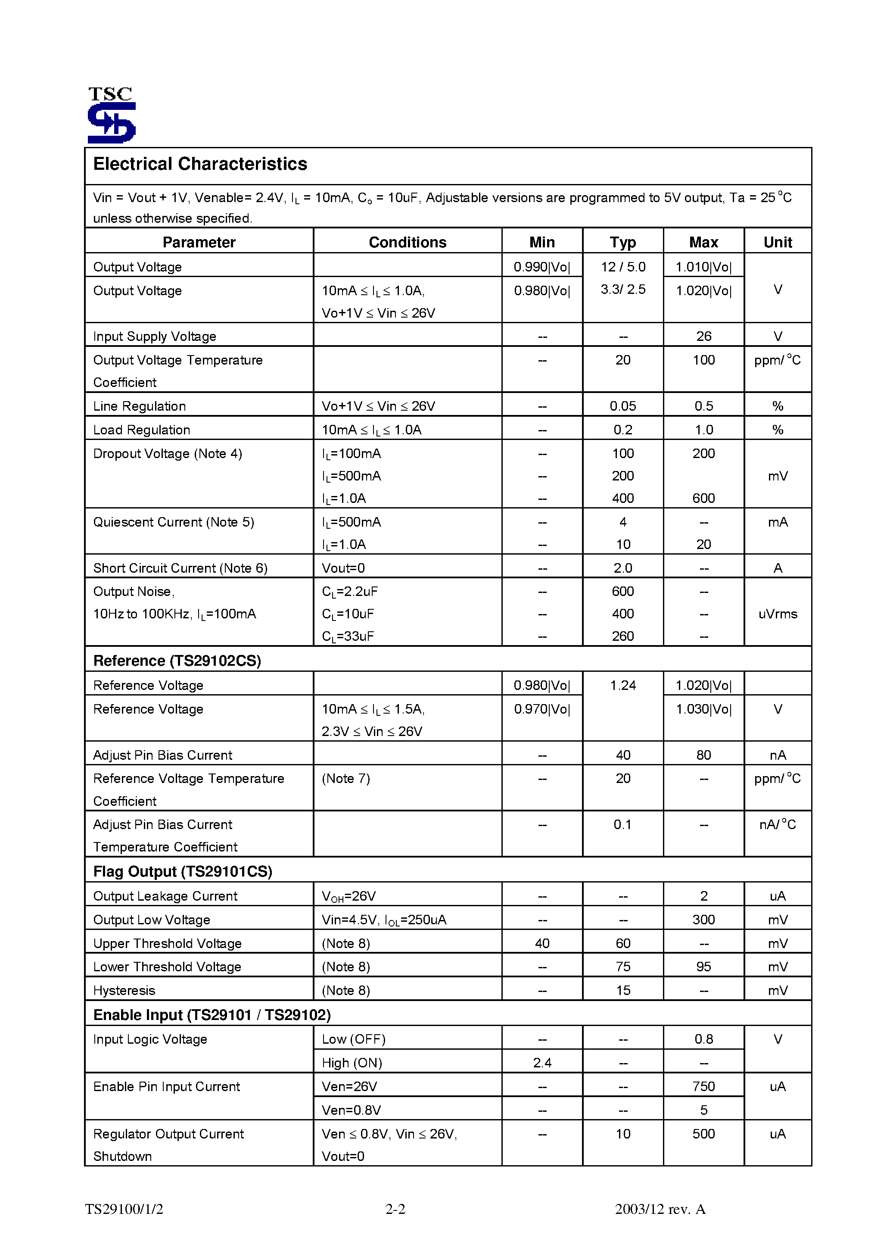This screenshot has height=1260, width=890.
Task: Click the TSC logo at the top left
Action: pos(112,115)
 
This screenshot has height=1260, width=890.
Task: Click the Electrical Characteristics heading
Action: pos(200,164)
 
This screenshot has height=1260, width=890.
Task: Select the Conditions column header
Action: pos(407,243)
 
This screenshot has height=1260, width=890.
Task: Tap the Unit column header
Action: pos(777,243)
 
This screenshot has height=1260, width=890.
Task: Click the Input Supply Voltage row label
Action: pos(154,337)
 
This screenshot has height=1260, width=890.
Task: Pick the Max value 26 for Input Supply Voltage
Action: pos(703,337)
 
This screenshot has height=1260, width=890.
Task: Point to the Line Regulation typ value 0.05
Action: pos(623,406)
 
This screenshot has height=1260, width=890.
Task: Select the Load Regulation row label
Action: pos(142,430)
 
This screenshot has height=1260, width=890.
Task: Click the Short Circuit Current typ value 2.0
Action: pos(623,568)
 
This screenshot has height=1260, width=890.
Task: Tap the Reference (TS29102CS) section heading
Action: pos(177,661)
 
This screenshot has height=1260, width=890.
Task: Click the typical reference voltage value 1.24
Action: pos(623,686)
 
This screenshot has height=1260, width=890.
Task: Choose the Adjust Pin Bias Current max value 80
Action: pos(703,755)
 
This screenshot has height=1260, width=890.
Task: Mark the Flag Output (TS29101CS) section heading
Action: pos(183,871)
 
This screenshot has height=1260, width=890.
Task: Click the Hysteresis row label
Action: pos(124,991)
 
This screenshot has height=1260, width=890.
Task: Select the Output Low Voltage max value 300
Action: pos(703,920)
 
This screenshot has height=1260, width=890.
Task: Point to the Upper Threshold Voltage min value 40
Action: pos(542,943)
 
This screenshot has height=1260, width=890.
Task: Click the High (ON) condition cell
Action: pos(352,1063)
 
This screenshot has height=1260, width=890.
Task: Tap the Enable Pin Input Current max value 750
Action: pos(703,1087)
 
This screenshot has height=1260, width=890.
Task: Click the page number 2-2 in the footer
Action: pos(395,1209)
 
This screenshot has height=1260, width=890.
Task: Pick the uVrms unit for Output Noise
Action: pos(778,614)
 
